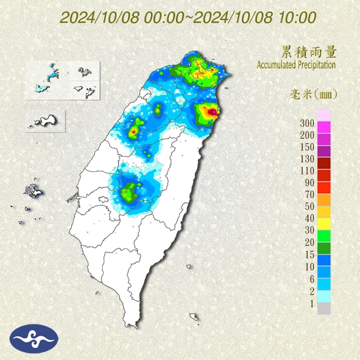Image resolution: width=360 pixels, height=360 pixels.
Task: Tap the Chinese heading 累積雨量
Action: [x=307, y=52]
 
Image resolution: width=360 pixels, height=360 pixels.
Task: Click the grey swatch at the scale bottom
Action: [x=324, y=308]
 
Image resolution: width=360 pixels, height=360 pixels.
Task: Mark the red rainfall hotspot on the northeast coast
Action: [x=211, y=113]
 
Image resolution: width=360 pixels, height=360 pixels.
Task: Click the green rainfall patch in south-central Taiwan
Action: [x=130, y=193]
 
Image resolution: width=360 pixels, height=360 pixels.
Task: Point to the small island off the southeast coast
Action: [x=194, y=317]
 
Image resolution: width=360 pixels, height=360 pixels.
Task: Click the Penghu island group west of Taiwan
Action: [x=31, y=191]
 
